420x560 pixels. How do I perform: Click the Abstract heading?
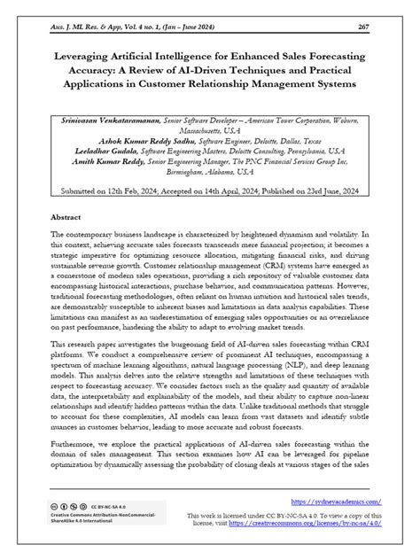[69, 216]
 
